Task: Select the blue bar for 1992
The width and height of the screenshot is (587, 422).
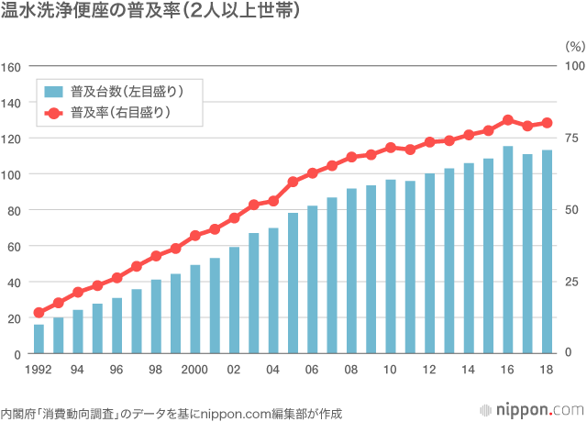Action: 39,339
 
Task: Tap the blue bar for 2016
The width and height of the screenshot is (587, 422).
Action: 508,250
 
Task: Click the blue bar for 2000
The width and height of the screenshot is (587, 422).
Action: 195,309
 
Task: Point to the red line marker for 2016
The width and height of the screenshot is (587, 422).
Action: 508,120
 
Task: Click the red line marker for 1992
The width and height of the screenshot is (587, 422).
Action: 39,313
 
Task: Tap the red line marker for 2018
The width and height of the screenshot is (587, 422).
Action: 547,123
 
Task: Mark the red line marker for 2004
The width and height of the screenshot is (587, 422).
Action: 273,201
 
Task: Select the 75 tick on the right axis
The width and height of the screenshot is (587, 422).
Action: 571,139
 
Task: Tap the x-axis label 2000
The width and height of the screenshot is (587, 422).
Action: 195,370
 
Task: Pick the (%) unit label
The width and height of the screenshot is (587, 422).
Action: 573,44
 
